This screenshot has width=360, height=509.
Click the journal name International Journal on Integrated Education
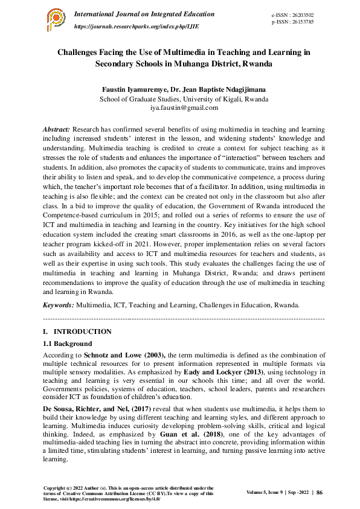(x=144, y=14)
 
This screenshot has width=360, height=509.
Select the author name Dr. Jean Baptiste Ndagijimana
(x=217, y=89)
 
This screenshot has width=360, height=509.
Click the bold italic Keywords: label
(x=59, y=304)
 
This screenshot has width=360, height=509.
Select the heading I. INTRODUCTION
(x=77, y=331)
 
